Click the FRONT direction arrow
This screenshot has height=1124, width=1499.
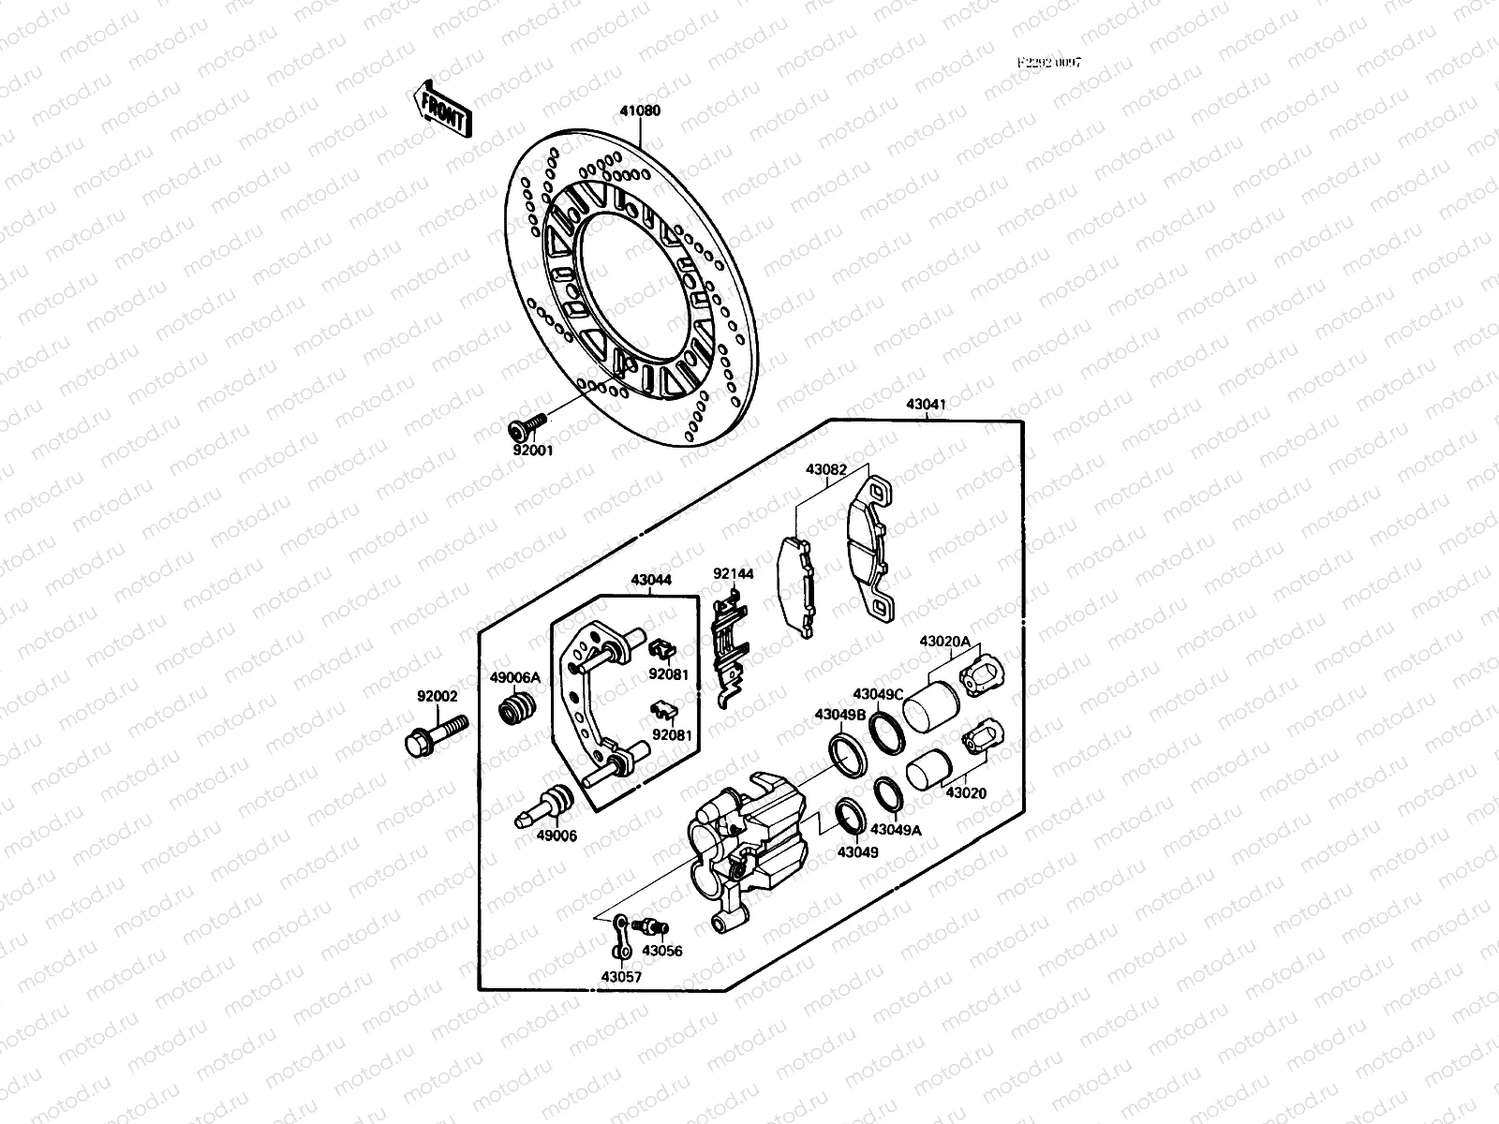click(440, 110)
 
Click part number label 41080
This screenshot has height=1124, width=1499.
click(640, 111)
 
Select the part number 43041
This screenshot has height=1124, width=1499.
click(926, 405)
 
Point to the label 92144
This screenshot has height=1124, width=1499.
click(734, 573)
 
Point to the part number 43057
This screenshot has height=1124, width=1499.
click(622, 977)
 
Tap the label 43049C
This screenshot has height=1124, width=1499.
click(878, 694)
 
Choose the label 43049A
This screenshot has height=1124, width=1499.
click(896, 829)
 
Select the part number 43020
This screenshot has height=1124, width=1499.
click(965, 792)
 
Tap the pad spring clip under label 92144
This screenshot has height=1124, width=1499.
click(732, 646)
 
